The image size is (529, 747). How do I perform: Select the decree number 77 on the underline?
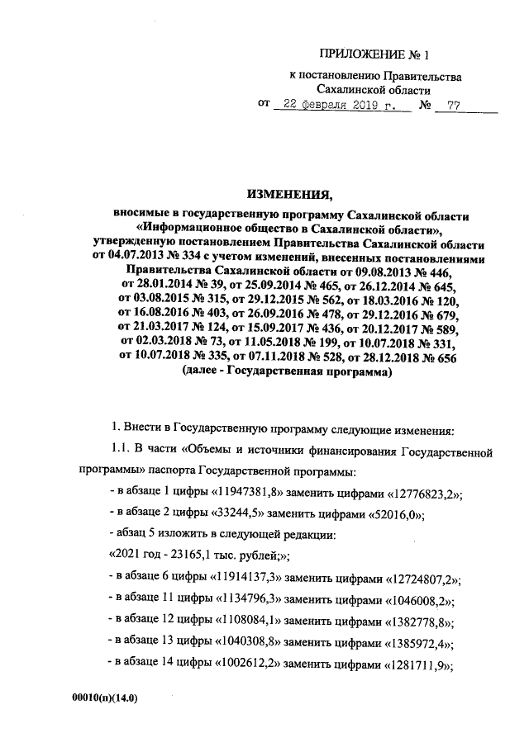tap(452, 106)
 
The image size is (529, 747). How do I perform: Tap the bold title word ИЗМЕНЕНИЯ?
tap(289, 195)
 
